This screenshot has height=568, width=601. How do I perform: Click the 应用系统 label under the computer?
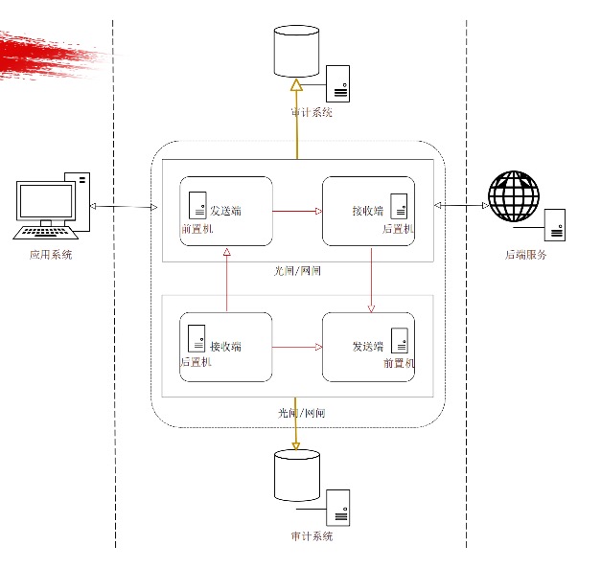point(50,255)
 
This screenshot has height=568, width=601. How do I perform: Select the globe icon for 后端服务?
point(514,197)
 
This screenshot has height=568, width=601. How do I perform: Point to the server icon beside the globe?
point(554,224)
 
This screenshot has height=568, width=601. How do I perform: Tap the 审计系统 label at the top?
point(312,112)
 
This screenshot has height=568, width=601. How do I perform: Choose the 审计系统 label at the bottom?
point(312,536)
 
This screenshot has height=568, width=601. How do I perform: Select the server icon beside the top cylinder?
point(337,82)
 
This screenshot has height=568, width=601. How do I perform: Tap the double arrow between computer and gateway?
point(123,207)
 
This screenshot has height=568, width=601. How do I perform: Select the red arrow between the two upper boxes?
point(297,211)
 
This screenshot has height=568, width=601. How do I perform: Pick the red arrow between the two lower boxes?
point(297,347)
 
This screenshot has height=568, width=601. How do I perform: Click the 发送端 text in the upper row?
point(225,211)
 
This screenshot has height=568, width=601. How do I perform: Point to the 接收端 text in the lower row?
point(225,346)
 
